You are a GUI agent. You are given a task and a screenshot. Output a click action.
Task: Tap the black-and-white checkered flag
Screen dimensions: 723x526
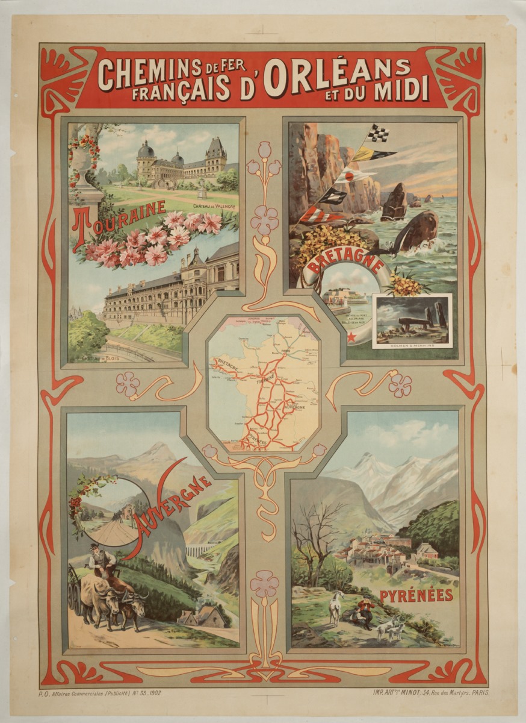(x=379, y=134)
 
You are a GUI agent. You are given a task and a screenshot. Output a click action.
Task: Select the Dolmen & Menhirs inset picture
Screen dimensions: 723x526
(x=411, y=321)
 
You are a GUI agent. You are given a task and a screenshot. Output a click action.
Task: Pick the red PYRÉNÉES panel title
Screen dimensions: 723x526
(x=416, y=595)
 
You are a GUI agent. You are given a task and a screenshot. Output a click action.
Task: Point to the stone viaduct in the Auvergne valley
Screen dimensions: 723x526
(x=198, y=550)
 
